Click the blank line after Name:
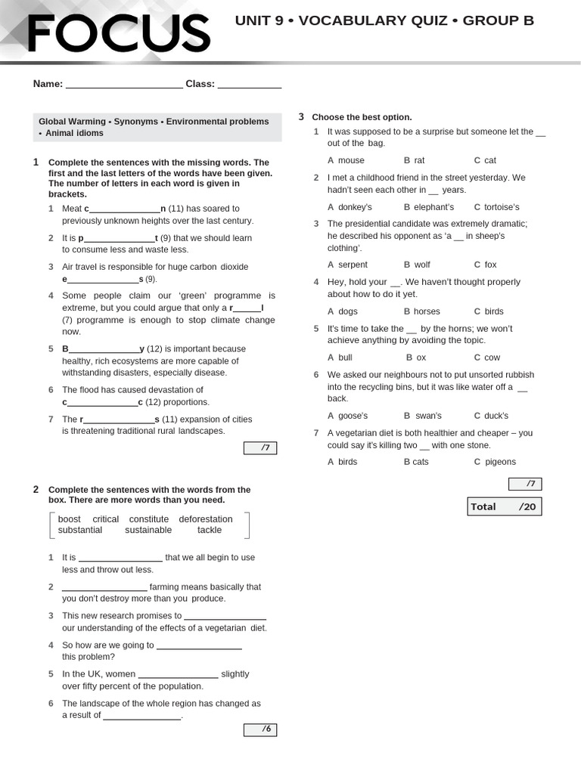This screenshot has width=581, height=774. point(124,85)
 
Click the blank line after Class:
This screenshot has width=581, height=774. point(250,85)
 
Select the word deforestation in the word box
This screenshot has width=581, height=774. point(206,519)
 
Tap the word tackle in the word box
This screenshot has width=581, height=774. point(210,531)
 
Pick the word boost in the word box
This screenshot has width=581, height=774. point(69,519)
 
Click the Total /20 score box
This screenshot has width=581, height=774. point(504,506)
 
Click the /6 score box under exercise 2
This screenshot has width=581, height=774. point(260,729)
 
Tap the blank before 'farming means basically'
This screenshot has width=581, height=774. point(104,587)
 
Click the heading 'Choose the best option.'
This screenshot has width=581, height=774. point(362,117)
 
